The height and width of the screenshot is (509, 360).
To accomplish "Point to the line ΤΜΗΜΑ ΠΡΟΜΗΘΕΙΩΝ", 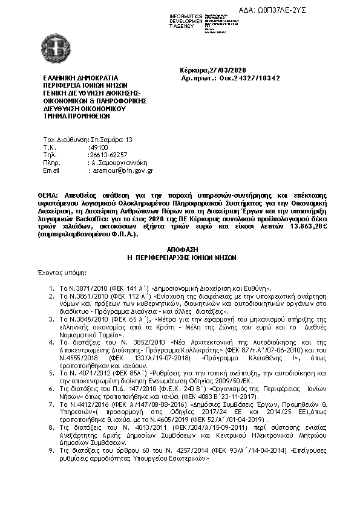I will tap(74, 117).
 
